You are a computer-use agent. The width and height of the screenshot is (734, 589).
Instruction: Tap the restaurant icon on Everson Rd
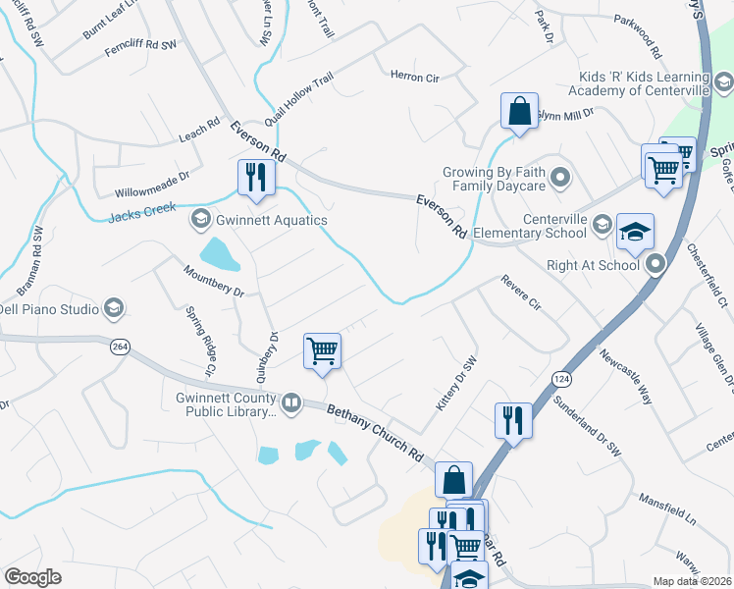pyautogui.click(x=256, y=177)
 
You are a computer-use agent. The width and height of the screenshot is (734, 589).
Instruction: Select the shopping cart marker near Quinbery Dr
pyautogui.click(x=322, y=350)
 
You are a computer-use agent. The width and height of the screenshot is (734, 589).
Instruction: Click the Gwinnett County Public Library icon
pyautogui.click(x=291, y=402)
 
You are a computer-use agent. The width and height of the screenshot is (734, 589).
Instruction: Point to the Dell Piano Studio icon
pyautogui.click(x=114, y=309)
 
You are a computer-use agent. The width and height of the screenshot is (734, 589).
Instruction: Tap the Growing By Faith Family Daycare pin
pyautogui.click(x=560, y=178)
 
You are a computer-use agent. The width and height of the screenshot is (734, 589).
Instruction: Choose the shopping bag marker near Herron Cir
pyautogui.click(x=519, y=110)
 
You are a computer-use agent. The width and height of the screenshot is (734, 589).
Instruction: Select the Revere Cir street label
pyautogui.click(x=520, y=294)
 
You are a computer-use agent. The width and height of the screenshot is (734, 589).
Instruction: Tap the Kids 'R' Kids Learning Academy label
pyautogui.click(x=643, y=84)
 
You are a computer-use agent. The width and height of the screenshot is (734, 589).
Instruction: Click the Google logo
pyautogui.click(x=32, y=576)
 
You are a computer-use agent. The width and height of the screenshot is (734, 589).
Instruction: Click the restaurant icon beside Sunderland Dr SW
pyautogui.click(x=513, y=420)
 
